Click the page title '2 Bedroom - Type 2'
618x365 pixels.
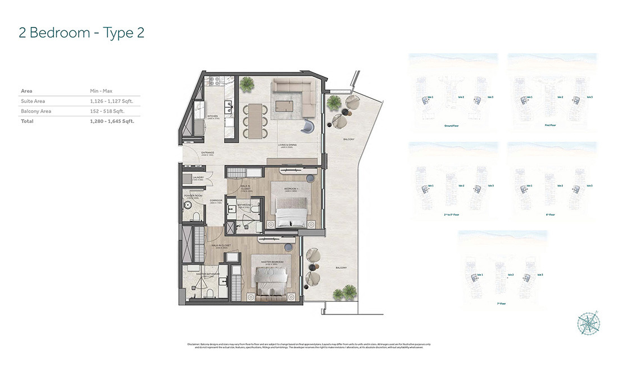[x=81, y=33]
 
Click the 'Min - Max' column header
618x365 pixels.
[x=101, y=90]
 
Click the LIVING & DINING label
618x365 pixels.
[x=287, y=145]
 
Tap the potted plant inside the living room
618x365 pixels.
[x=246, y=84]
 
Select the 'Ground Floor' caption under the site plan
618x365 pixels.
[x=452, y=126]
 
